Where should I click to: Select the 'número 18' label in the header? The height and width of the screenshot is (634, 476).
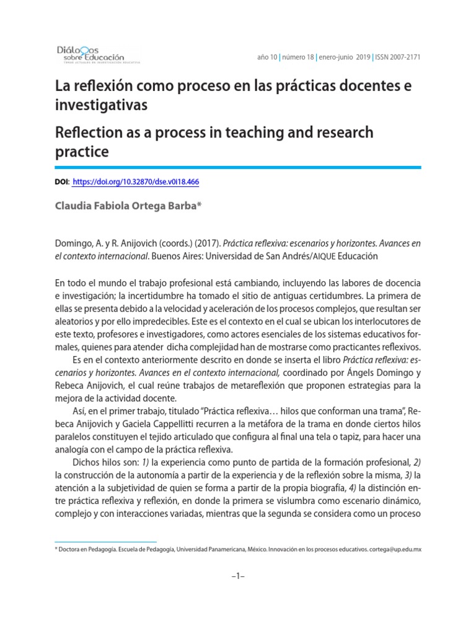pos(299,57)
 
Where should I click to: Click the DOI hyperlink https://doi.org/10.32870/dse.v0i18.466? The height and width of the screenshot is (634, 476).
pos(136,182)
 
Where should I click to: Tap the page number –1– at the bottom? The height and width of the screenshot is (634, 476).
pos(238,576)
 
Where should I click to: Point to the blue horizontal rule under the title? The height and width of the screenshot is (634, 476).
pos(238,167)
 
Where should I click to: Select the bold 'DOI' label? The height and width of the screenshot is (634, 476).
pos(63,182)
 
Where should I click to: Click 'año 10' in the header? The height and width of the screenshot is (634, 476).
pos(267,57)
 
